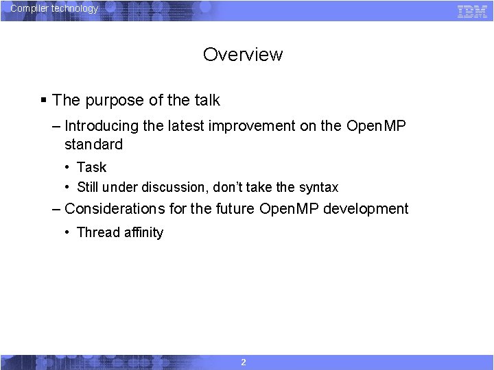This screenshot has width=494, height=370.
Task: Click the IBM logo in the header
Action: [472, 11]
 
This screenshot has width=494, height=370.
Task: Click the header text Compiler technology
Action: [54, 9]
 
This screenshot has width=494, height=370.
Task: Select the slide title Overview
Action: [242, 55]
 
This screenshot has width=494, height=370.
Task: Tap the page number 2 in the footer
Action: [244, 362]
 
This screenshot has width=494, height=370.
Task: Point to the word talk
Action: [207, 100]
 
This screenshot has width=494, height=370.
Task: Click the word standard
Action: [93, 145]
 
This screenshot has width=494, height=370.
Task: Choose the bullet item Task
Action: [91, 167]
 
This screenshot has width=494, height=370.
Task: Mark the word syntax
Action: [318, 187]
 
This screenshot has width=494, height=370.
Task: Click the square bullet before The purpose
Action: [43, 101]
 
